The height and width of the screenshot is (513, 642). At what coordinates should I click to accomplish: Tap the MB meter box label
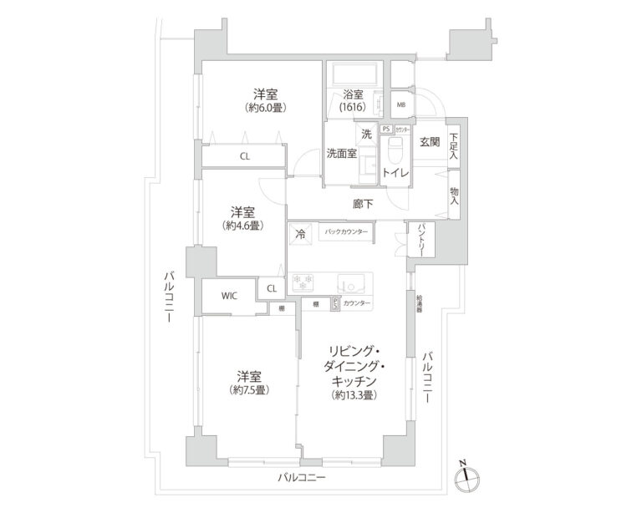point(401,105)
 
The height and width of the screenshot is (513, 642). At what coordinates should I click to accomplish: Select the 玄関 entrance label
point(430,142)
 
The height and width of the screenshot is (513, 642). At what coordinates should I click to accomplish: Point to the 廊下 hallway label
point(361,203)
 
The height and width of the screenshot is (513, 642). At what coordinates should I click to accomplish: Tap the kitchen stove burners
point(304,280)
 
